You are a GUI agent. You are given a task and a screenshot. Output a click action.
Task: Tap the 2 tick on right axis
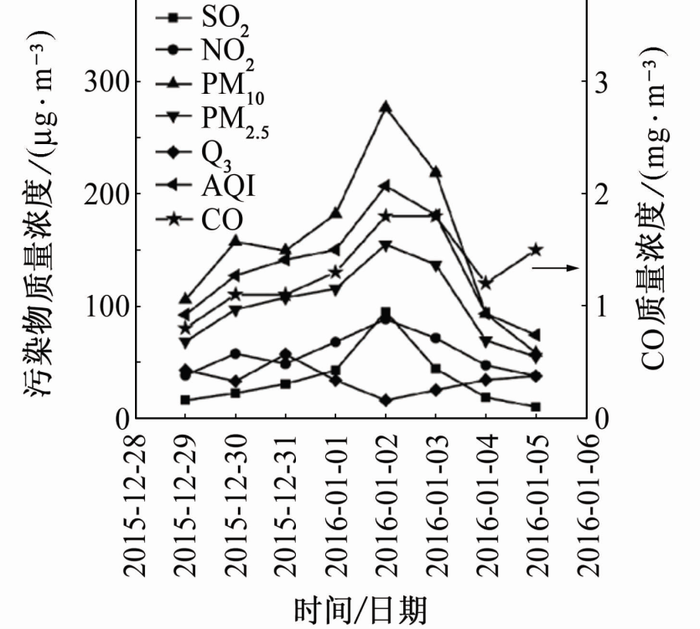600,194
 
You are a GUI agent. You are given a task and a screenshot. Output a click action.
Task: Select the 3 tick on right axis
600,82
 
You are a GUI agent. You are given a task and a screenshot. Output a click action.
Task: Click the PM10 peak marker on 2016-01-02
386,107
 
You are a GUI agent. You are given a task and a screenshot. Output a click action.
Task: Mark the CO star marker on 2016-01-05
536,250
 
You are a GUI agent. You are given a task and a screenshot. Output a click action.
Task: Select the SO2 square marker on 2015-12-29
185,400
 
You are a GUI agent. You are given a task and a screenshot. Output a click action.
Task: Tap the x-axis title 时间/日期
360,609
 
